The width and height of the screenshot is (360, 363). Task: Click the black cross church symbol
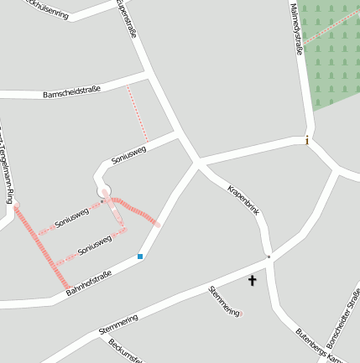click(252, 280)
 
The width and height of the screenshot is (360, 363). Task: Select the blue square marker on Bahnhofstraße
click(140, 257)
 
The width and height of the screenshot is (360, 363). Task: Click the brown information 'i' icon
click(307, 140)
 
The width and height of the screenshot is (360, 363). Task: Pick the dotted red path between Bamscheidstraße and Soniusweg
click(138, 113)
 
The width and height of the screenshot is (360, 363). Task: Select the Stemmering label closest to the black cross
click(223, 299)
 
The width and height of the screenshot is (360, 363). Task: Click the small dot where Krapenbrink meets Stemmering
click(269, 257)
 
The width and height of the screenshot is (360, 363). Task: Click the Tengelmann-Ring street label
click(9, 168)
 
